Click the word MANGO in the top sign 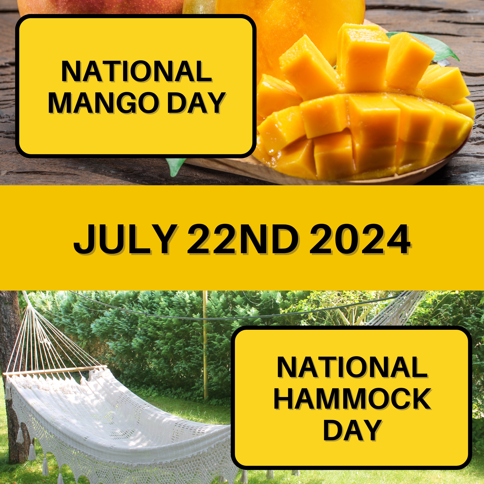pos(105,103)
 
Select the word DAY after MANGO pos(196,103)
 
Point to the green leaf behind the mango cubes pos(441,46)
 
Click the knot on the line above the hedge pos(146,314)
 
